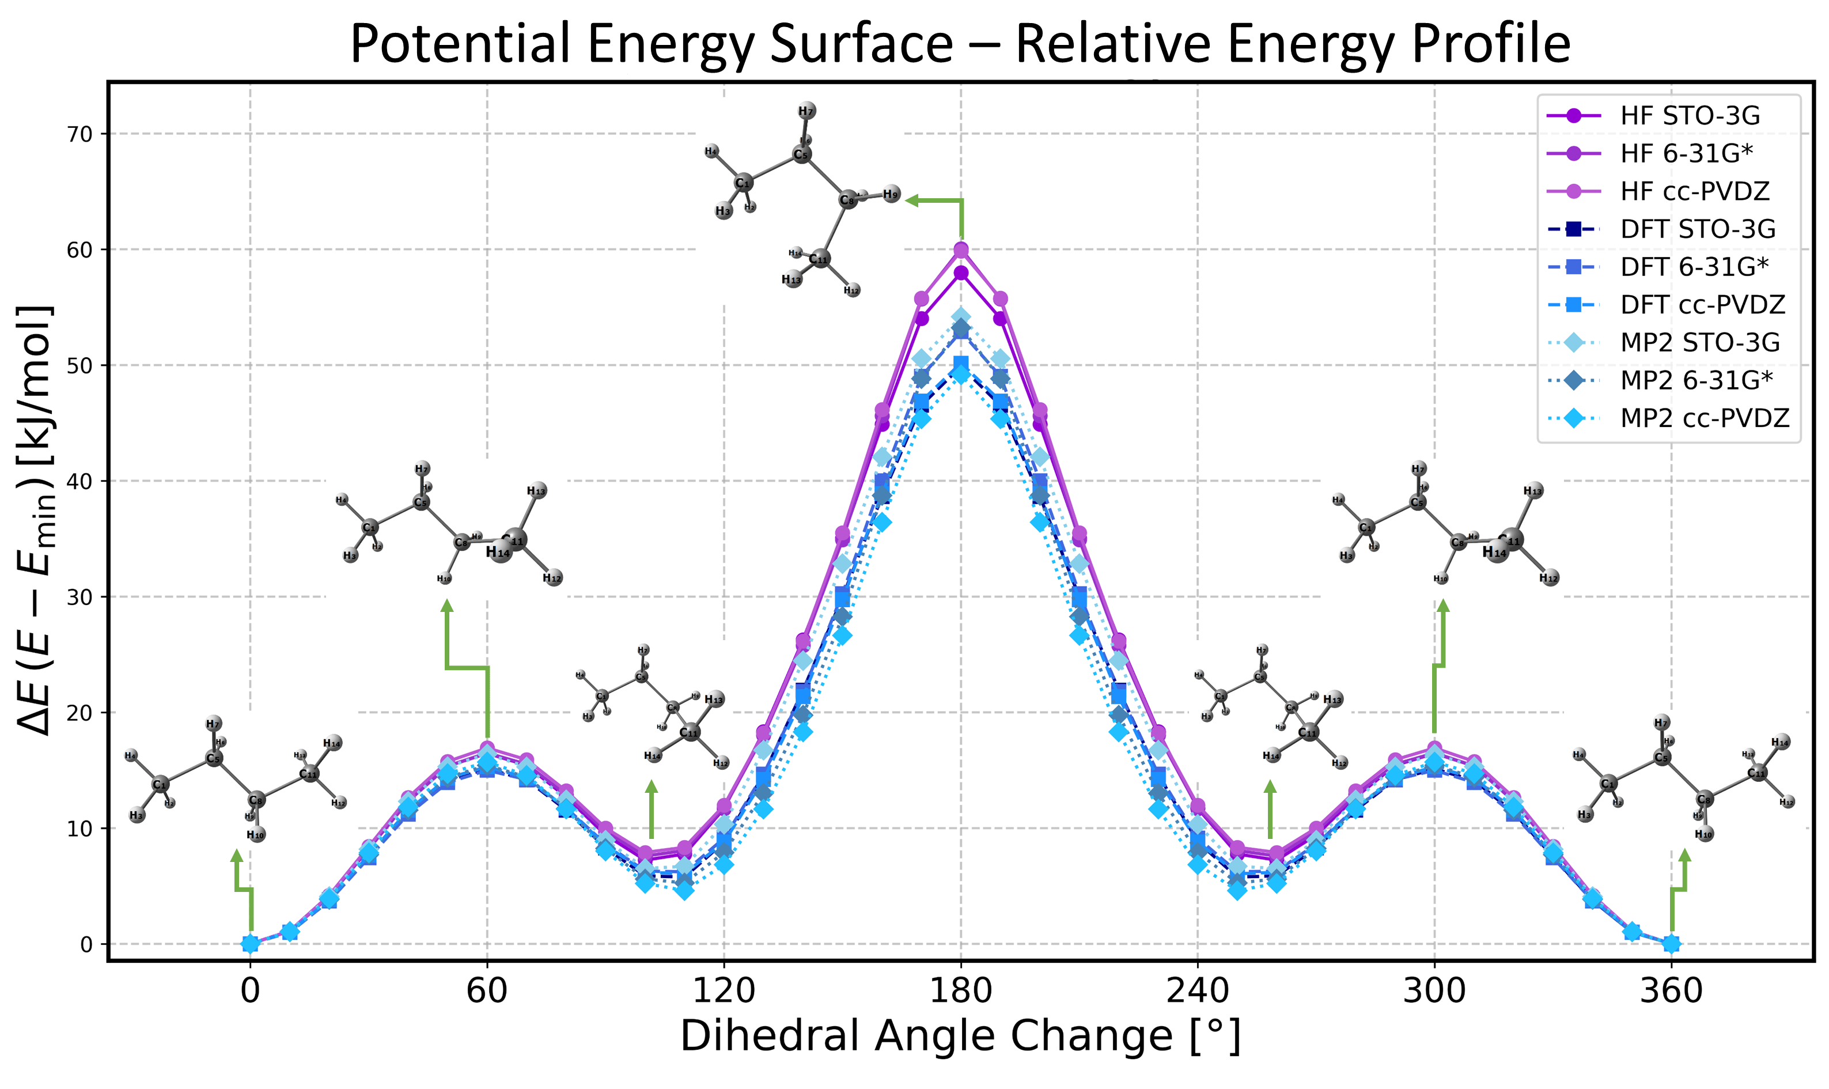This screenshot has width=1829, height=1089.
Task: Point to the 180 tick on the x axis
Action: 961,990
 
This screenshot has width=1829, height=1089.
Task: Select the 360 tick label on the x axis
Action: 1671,990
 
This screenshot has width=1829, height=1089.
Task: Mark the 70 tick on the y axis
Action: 81,134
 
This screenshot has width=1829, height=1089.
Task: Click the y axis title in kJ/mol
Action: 35,521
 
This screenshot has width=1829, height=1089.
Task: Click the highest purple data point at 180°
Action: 961,250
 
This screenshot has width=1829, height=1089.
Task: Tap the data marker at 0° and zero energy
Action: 250,944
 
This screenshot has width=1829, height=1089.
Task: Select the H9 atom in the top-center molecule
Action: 891,195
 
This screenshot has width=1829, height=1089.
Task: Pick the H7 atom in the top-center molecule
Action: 807,111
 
